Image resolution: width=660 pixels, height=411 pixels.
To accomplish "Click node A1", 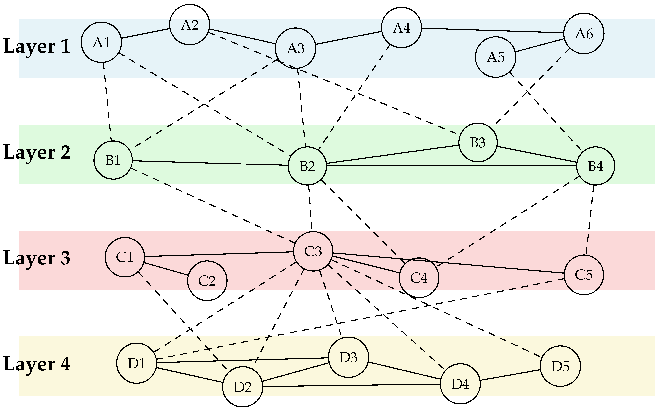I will point(101,42).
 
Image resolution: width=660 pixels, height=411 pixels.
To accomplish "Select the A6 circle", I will point(584,33).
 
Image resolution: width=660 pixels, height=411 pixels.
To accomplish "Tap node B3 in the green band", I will point(478,142).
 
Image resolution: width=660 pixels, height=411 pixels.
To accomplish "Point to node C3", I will point(313,251).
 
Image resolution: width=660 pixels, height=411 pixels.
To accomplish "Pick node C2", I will point(207,281).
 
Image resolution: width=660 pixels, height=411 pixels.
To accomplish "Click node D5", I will point(560,366).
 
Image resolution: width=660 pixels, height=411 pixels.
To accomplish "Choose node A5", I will point(495,57).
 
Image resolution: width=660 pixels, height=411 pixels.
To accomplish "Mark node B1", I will point(113,160).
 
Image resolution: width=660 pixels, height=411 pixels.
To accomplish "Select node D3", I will point(348,357).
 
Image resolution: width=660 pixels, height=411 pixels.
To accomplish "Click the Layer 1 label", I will point(37,46).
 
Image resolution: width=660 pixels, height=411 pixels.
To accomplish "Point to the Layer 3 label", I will point(37,258).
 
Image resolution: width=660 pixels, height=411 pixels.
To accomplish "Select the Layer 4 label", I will point(37,364).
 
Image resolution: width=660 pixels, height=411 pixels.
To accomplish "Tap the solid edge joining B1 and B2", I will point(210,163).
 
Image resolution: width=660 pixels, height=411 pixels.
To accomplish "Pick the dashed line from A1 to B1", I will point(107,101).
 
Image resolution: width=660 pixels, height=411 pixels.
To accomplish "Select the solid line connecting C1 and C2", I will point(166,269).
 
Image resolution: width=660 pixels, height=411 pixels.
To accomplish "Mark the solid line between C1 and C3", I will point(219,254).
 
